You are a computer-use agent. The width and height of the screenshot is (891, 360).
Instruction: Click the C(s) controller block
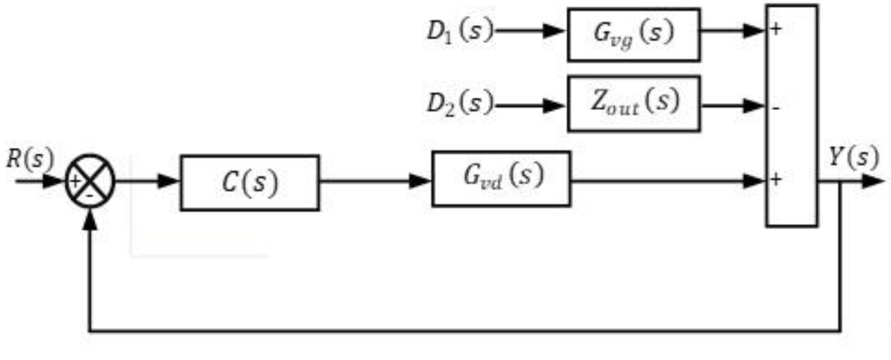(250, 182)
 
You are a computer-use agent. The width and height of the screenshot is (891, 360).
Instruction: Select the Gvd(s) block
(501, 178)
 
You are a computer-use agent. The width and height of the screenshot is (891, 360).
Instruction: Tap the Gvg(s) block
(633, 34)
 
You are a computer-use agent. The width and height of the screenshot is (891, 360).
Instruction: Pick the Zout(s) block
(633, 103)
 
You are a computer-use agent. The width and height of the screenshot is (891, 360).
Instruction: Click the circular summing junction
(90, 181)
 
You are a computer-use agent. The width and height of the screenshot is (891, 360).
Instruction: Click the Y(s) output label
(854, 157)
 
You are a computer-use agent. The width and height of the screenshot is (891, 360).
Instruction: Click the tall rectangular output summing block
(792, 116)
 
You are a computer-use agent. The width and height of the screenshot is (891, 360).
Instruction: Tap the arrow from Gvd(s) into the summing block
(668, 181)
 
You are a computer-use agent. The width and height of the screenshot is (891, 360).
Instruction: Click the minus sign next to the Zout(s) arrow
(776, 108)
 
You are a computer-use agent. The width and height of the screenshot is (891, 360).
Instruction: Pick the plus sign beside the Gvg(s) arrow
(776, 29)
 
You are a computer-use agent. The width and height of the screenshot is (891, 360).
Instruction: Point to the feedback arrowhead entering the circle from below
(90, 220)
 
